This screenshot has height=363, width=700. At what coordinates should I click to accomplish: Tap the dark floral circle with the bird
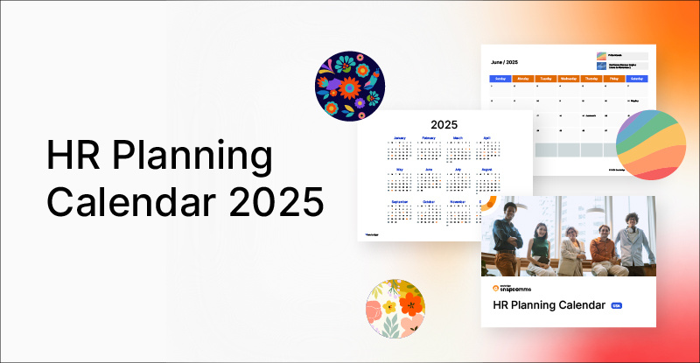pyautogui.click(x=350, y=86)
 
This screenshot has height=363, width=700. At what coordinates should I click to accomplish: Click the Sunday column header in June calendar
pyautogui.click(x=501, y=78)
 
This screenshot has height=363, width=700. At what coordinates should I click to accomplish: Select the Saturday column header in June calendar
pyautogui.click(x=637, y=78)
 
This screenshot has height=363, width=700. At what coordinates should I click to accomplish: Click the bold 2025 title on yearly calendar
pyautogui.click(x=444, y=125)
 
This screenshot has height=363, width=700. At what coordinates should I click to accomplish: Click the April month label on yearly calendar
pyautogui.click(x=486, y=138)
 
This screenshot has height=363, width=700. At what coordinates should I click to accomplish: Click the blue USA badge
pyautogui.click(x=617, y=305)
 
